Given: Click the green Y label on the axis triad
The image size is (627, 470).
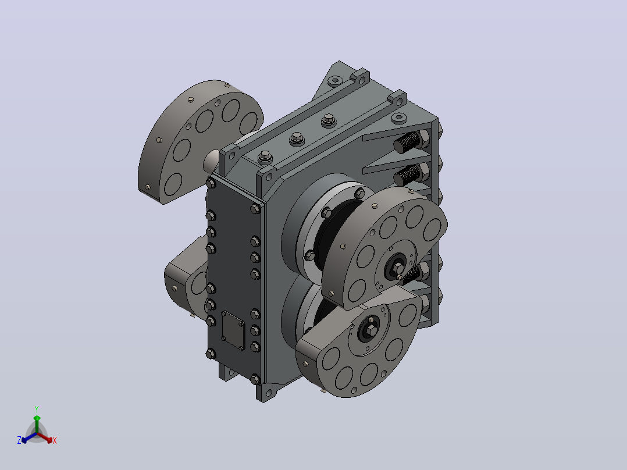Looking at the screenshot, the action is coord(37,409).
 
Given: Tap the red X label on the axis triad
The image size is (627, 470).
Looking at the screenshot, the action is coord(55,440).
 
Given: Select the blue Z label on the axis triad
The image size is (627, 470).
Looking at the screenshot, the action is coord(19,440).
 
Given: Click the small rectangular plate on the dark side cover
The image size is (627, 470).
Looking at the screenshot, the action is coord(233,330).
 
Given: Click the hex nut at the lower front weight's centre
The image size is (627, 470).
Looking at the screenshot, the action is coord(371,330).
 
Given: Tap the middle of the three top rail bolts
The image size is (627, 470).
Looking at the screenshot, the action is coord(296,138).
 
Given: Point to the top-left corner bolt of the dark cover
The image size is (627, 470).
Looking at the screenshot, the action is coord(211,184).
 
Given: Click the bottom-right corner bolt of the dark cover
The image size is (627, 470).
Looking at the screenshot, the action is coord(255,379).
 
